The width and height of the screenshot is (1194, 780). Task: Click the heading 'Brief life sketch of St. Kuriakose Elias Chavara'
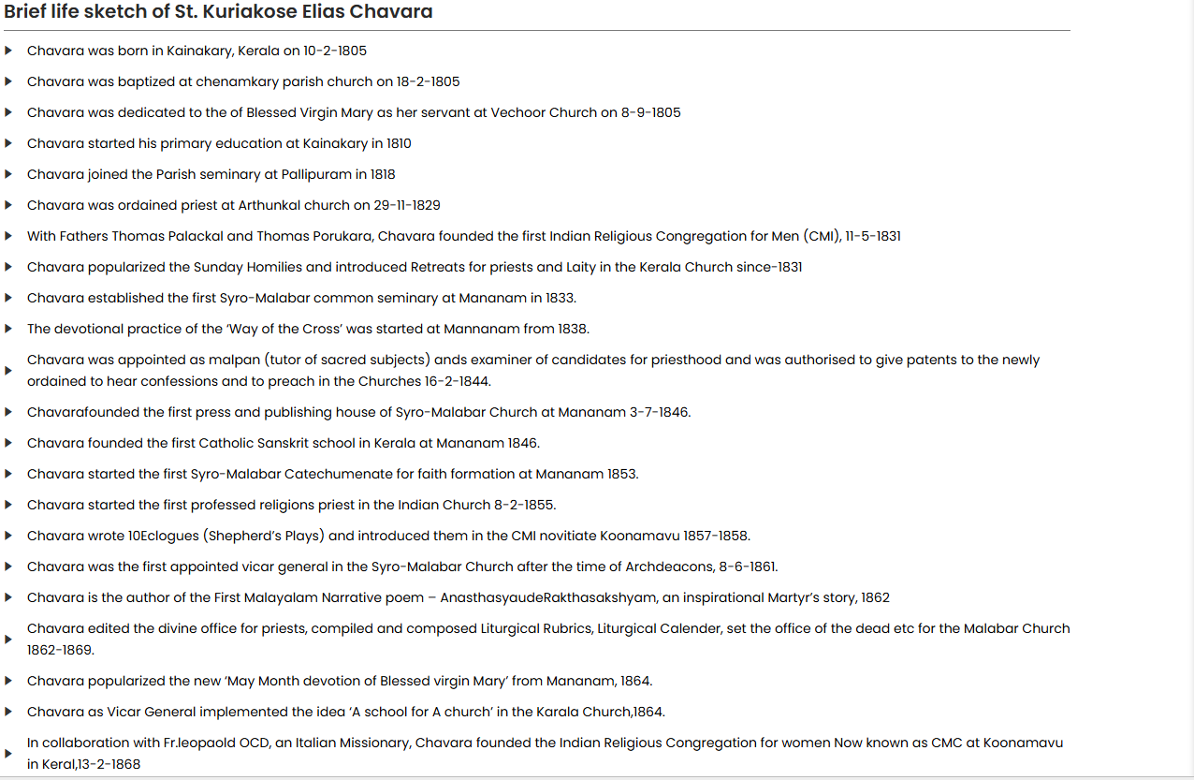[x=218, y=12]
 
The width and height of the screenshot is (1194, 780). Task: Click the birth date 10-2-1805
[x=335, y=52]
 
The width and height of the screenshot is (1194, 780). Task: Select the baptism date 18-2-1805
[x=429, y=82]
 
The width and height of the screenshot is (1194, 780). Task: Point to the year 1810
[x=399, y=144]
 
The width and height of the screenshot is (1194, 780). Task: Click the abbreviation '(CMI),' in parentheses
[x=821, y=237]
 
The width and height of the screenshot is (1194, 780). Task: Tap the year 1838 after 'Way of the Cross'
[x=573, y=330]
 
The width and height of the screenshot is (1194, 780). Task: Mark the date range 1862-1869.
[x=61, y=650]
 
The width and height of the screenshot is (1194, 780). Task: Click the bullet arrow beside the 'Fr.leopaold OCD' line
[x=8, y=754]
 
